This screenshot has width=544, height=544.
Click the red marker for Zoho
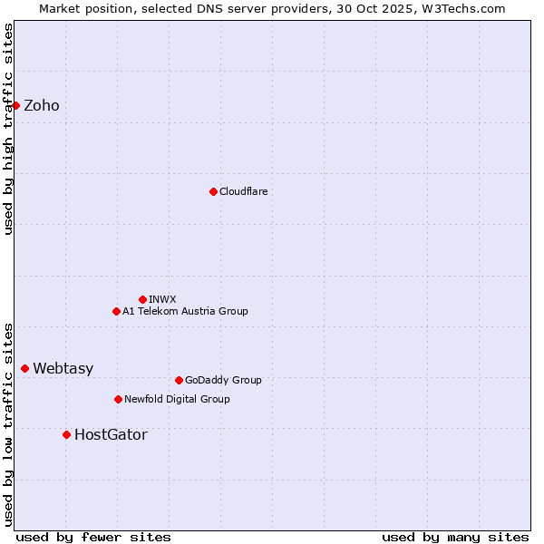(15, 105)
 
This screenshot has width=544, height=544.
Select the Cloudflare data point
(213, 191)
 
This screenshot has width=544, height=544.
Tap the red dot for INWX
(142, 299)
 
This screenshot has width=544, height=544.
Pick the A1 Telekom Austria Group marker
(116, 311)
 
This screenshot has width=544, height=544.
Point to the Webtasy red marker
(24, 368)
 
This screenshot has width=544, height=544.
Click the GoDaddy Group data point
(179, 380)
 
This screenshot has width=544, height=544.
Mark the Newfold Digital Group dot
(118, 399)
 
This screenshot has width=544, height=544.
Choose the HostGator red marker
(66, 434)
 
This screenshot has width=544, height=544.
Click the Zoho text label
(42, 106)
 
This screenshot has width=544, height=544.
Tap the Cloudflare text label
(244, 192)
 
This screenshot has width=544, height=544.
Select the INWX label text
(163, 299)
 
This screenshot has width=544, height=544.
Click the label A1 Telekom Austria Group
(185, 312)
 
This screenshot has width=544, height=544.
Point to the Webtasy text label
(63, 369)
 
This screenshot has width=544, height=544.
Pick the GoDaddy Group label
(223, 381)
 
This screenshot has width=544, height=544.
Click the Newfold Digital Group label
(177, 400)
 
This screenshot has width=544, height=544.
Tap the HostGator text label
(111, 435)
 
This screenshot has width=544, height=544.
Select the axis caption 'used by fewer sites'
(93, 537)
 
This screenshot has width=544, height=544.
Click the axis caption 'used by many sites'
(455, 537)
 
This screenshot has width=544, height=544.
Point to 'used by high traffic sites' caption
(9, 129)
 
